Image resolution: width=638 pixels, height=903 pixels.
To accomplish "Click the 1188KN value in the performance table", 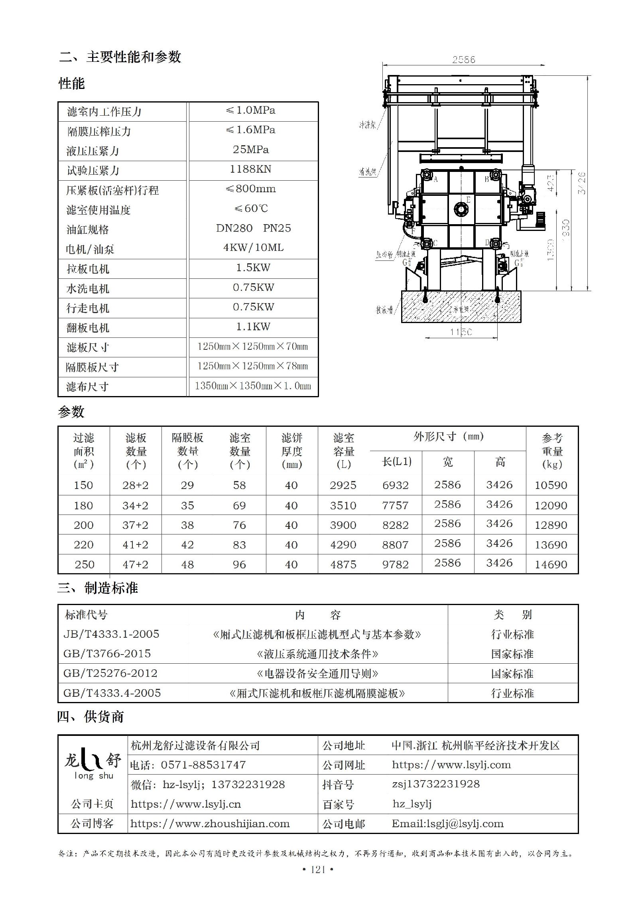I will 250,169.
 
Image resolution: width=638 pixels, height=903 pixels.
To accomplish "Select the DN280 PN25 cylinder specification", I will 253,228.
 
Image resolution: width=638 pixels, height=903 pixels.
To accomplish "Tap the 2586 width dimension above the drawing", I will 463,59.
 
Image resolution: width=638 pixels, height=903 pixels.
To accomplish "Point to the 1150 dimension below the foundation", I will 461,332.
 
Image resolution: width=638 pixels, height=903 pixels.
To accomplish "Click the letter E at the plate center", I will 468,199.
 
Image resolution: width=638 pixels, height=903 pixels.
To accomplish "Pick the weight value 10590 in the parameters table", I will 551,485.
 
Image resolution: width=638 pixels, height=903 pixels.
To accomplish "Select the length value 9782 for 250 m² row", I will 395,564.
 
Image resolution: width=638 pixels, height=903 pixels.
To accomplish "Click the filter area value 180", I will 83,505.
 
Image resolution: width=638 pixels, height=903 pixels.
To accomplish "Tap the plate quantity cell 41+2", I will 135,545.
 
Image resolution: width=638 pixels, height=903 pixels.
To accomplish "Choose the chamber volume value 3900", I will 343,525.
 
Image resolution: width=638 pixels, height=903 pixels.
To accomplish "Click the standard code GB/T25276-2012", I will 110,673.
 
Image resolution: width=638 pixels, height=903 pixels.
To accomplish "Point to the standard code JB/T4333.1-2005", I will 111,634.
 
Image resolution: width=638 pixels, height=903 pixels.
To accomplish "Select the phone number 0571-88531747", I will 203,765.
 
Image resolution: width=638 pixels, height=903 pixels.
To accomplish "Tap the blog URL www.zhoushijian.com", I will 210,824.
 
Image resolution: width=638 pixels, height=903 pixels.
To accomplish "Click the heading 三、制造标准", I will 98,588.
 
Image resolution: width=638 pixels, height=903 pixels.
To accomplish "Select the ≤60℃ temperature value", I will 251,208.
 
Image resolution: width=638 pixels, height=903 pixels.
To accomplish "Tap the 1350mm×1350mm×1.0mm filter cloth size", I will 253,386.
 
